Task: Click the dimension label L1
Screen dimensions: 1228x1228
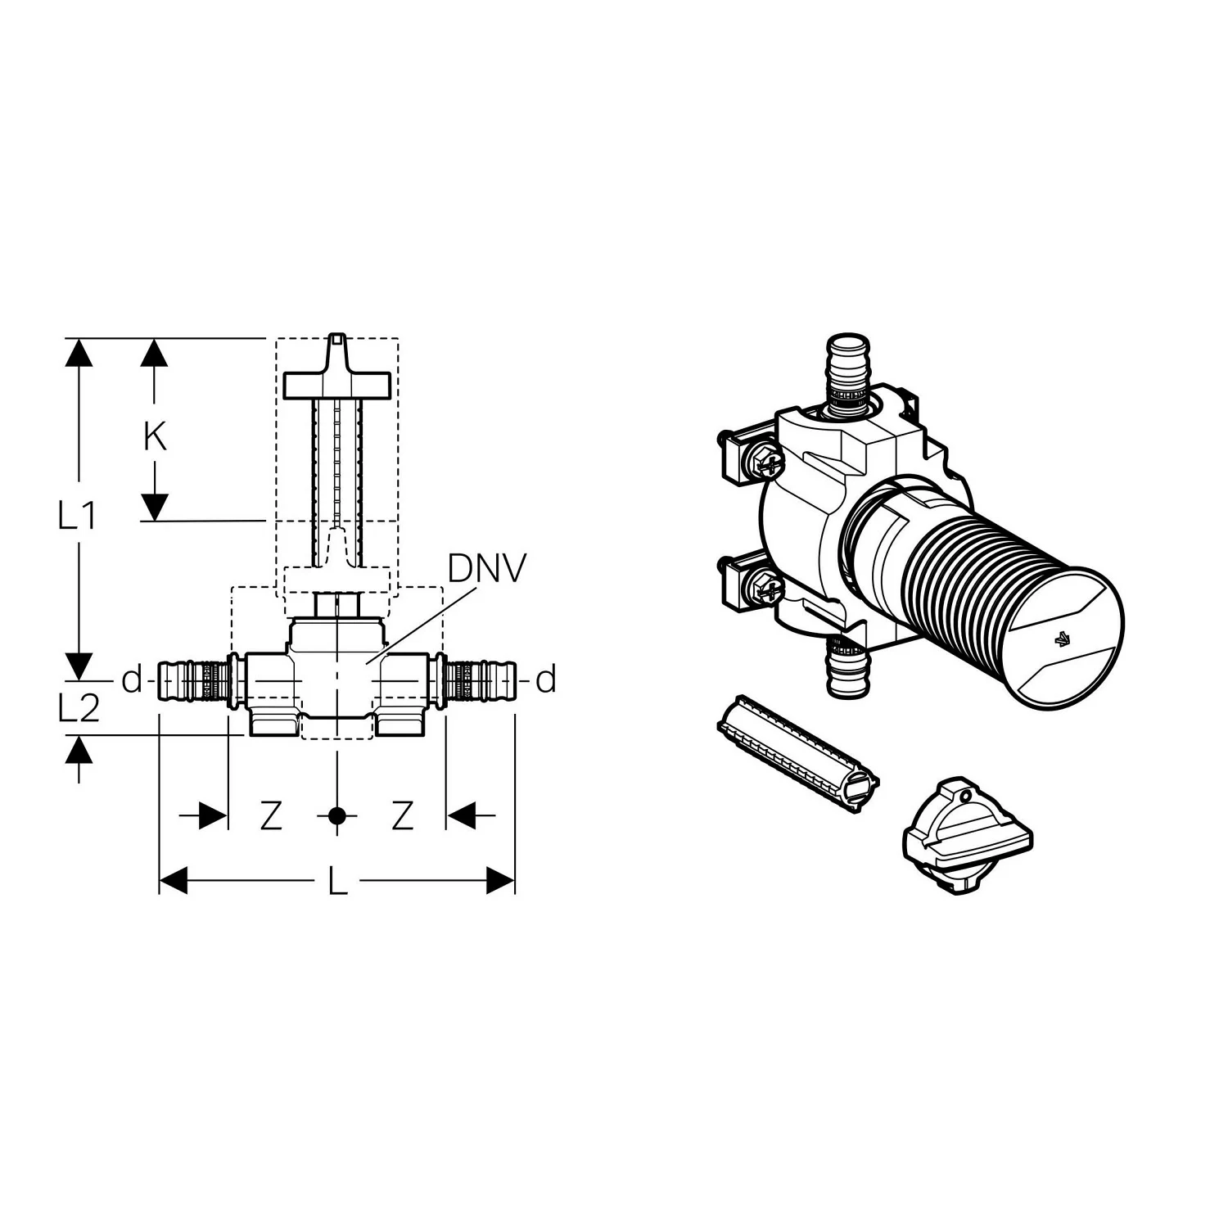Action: click(78, 516)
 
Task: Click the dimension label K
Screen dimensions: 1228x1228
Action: click(155, 437)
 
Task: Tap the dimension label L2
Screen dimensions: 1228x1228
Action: click(79, 707)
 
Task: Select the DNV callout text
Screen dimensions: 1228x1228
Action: click(486, 569)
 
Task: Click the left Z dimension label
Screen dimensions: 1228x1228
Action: click(271, 815)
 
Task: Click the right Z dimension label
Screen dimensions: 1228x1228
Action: click(402, 815)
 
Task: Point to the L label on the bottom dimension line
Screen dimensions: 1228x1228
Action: click(338, 881)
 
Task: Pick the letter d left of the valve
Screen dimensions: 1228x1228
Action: click(132, 679)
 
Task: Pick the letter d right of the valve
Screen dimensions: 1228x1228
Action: click(547, 679)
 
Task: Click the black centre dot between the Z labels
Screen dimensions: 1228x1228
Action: click(336, 815)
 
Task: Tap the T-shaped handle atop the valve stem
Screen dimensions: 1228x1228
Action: click(336, 373)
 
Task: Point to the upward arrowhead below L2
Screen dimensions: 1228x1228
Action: click(79, 750)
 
